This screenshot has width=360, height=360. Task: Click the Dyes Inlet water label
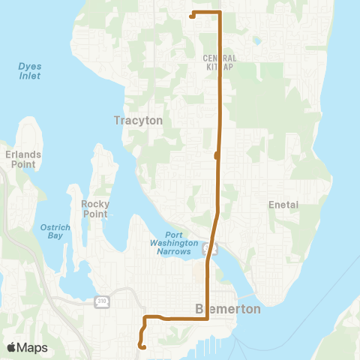coord(29,71)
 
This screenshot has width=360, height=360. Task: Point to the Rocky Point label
coord(95,208)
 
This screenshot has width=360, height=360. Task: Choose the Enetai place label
coord(284,204)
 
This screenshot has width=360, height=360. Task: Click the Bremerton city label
coord(217,308)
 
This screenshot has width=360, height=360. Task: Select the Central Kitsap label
coord(220,62)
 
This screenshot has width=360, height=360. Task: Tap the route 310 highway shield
coord(102,301)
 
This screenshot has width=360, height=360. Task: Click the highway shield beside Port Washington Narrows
coord(212,247)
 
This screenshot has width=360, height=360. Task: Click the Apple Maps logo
coord(26,347)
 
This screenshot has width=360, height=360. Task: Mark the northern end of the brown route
coord(192,16)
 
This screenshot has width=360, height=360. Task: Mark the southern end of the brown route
coord(142,346)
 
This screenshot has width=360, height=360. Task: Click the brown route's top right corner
coord(220,13)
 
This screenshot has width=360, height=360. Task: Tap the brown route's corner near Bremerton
coord(207,319)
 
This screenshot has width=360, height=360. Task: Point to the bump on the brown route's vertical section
coord(216,155)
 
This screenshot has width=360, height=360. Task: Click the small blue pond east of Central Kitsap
coord(257,40)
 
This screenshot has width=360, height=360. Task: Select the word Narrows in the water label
coord(178,251)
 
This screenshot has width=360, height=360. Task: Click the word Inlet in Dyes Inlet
coord(29,76)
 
